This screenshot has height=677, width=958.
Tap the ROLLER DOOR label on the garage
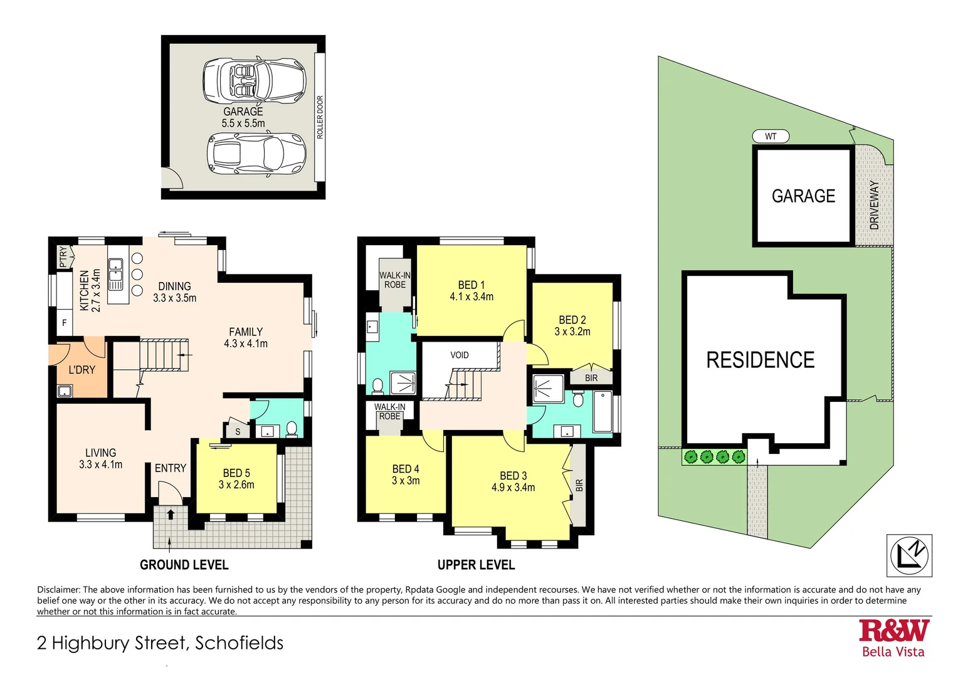(320, 117)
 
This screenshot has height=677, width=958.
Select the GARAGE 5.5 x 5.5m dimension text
(243, 118)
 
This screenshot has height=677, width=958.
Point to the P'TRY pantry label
(63, 257)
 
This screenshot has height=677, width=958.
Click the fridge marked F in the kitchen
(64, 323)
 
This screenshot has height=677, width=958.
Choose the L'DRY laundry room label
(82, 370)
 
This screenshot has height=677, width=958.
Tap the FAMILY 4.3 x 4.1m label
(246, 338)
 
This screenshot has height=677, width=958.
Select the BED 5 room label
(236, 479)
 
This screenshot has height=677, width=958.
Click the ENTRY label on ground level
(171, 468)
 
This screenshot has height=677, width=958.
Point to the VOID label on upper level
(460, 355)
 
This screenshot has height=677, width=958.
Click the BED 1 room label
(471, 291)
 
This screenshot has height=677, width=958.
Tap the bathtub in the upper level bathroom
(603, 412)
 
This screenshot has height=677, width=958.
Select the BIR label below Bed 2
(591, 378)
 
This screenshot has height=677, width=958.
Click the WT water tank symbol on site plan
(771, 136)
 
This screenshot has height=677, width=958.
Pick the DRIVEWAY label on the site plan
(875, 204)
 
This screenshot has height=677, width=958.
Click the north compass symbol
(909, 555)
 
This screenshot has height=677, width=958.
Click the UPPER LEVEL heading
(476, 565)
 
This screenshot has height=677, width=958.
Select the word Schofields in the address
(239, 643)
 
